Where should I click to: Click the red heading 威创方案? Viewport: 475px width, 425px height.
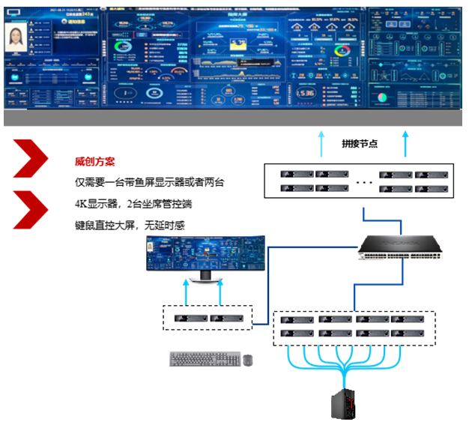click(94, 161)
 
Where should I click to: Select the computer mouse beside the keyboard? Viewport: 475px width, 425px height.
click(248, 361)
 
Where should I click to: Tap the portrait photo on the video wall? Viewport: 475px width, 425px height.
click(16, 37)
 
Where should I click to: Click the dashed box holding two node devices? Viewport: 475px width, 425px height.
click(208, 319)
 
